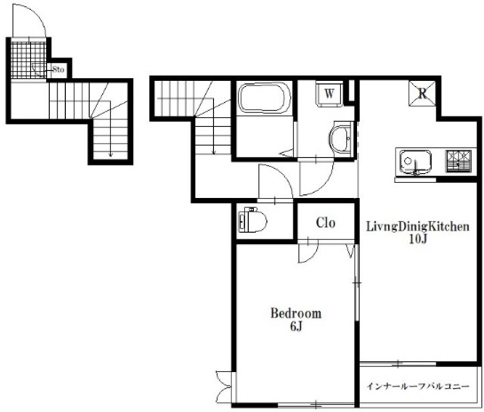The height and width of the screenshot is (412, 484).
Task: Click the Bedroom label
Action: click(x=296, y=313)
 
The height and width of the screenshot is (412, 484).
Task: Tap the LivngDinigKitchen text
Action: click(x=417, y=227)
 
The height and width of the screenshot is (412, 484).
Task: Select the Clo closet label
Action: click(x=325, y=222)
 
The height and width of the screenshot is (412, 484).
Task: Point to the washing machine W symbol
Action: click(x=330, y=94)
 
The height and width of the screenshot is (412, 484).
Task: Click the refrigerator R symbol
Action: click(x=422, y=93)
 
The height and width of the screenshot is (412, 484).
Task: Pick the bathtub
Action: click(x=265, y=98)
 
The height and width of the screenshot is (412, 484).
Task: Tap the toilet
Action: click(x=253, y=220)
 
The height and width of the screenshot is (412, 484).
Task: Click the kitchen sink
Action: click(x=415, y=163)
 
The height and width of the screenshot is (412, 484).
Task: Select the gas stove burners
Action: click(x=458, y=161)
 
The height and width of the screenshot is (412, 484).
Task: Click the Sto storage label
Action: click(x=58, y=70)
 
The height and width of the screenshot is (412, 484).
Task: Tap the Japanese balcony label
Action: click(x=418, y=386)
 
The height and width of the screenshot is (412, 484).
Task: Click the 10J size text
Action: click(x=417, y=239)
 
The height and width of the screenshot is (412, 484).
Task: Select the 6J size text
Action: click(x=296, y=327)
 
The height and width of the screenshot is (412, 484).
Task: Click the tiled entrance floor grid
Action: click(x=29, y=60)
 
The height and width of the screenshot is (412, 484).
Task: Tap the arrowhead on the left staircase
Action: click(x=110, y=155)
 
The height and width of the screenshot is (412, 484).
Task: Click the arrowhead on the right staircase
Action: click(x=213, y=152)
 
